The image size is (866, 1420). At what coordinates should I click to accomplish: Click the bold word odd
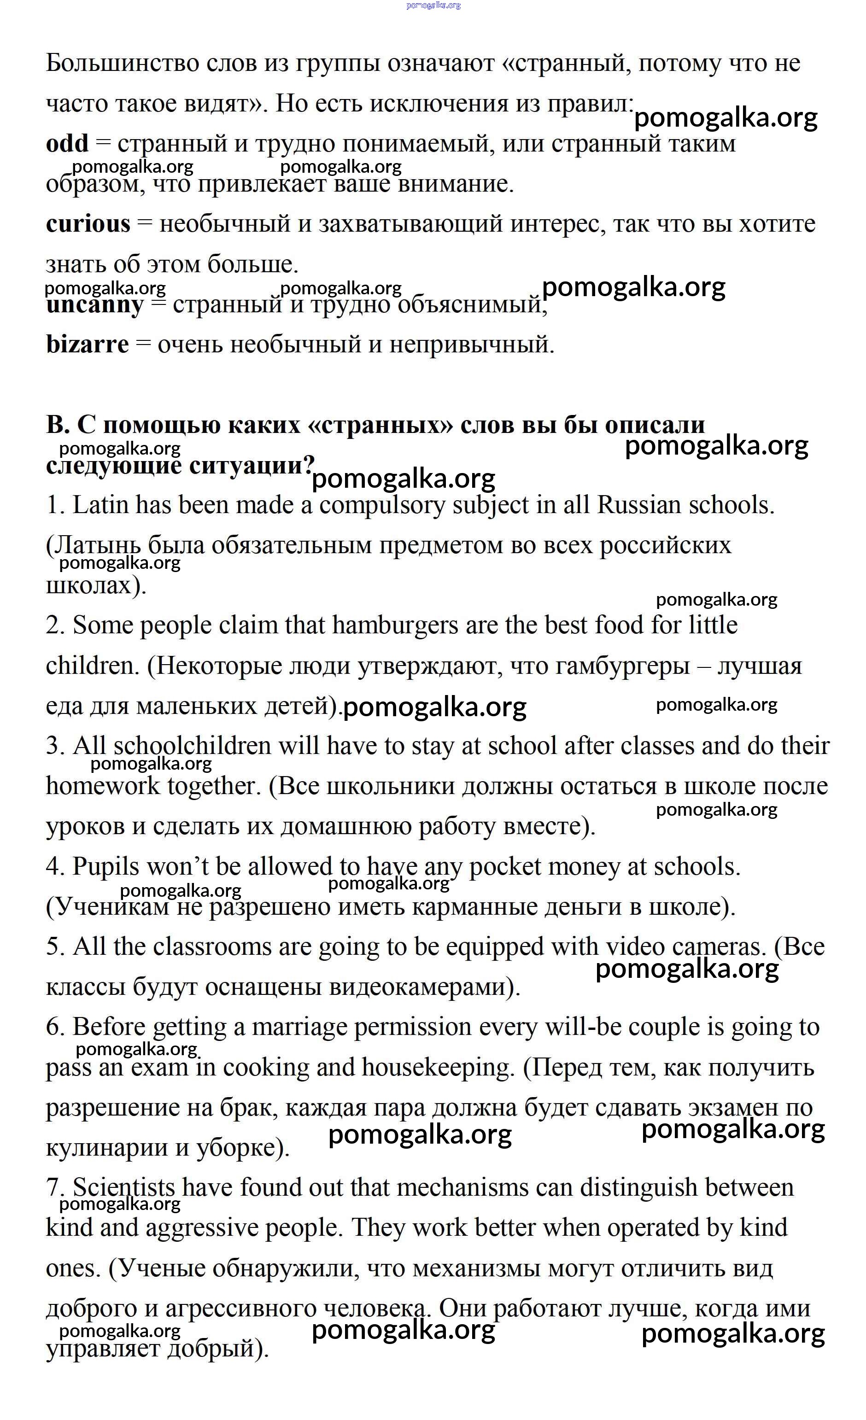tap(67, 144)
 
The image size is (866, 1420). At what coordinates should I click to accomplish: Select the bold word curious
tap(88, 224)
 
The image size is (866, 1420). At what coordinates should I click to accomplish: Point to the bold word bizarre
tap(88, 345)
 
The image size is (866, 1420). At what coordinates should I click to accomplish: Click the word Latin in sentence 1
tap(101, 505)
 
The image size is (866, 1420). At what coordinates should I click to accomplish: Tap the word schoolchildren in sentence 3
tap(193, 746)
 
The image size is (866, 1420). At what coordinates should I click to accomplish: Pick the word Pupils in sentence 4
tap(106, 867)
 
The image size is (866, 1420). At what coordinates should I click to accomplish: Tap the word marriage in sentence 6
tap(299, 1028)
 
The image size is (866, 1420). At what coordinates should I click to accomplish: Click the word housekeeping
tap(437, 1067)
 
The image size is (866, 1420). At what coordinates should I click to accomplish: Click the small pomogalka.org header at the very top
tap(433, 5)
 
